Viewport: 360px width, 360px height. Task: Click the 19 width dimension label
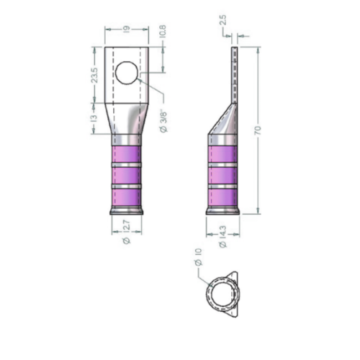[x=127, y=29]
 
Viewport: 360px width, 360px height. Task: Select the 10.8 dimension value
[x=162, y=30]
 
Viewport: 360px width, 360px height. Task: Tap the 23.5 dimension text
[x=94, y=76]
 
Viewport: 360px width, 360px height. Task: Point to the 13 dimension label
[x=94, y=118]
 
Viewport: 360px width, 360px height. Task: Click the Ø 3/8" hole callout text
[x=163, y=122]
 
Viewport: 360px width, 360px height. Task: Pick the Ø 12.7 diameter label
[x=127, y=232]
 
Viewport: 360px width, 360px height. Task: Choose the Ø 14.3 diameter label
[x=223, y=236]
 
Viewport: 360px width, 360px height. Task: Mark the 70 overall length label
[x=258, y=130]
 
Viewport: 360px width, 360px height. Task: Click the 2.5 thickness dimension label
[x=222, y=21]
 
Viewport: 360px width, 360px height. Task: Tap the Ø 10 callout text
[x=199, y=257]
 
